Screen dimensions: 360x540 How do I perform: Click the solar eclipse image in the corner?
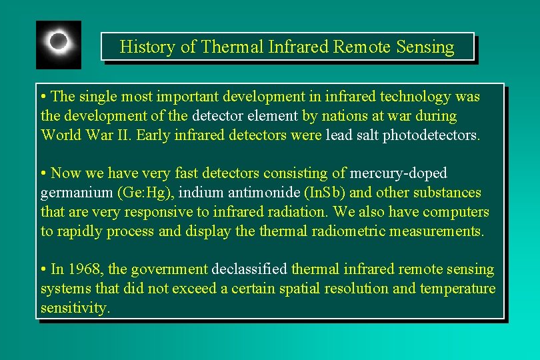point(59,44)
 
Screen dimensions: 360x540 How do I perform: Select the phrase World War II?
point(86,135)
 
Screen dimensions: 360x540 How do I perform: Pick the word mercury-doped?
point(399,173)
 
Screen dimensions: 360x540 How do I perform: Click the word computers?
point(457,212)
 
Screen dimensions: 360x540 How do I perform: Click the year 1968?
point(83,269)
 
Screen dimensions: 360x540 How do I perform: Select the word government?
point(169,269)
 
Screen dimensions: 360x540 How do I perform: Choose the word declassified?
point(250,269)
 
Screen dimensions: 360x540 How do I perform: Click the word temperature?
point(457,289)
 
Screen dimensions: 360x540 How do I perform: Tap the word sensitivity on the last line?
point(73,308)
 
